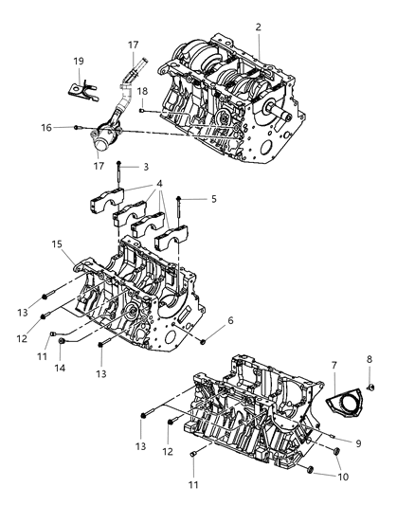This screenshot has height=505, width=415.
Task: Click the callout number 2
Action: pos(259,27)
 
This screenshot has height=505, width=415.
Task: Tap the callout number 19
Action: pos(79,61)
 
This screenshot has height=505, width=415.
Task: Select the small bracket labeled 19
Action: pos(82,90)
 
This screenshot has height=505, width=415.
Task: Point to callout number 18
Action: pos(142,91)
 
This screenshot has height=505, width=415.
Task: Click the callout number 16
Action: pos(46,128)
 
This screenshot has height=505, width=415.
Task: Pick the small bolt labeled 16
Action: pos(77,128)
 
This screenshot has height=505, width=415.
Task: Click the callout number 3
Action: pos(146,167)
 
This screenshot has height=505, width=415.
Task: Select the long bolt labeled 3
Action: pos(118,175)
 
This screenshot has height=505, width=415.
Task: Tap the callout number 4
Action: pos(159,184)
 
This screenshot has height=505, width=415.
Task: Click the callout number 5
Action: pos(214,199)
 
